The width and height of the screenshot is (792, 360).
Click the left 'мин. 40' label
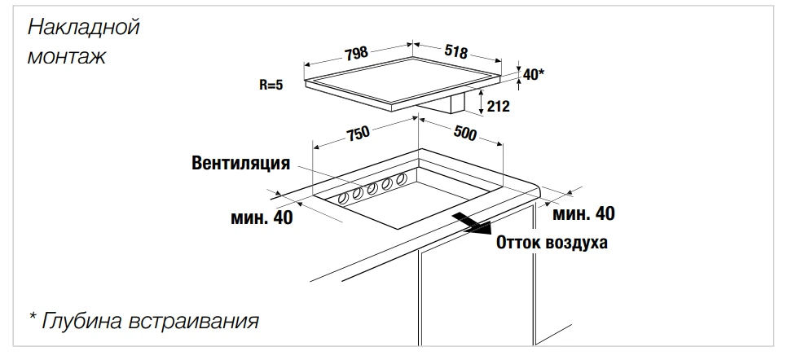261,217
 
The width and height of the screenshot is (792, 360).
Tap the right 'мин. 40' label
583,214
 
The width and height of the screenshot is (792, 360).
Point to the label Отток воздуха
552,242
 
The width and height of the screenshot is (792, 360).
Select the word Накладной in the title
84,27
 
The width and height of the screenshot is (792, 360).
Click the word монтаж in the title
67,58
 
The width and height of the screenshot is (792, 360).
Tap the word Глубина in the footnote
82,321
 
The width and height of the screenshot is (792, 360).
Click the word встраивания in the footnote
194,321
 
